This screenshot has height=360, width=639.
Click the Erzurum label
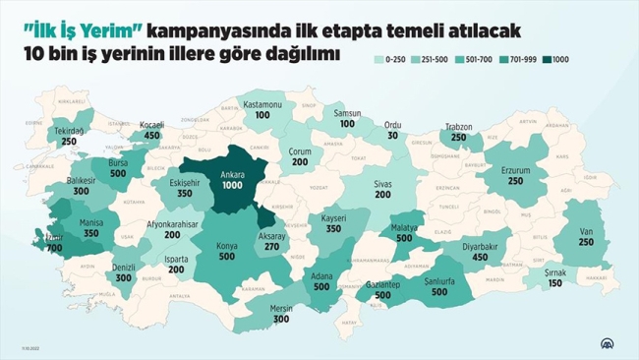coord(516,169)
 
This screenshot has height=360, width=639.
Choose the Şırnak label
coord(556,271)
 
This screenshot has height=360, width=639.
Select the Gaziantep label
coord(382,283)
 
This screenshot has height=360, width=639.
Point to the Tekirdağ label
coord(69,130)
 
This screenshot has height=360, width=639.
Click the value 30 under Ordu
coord(393,136)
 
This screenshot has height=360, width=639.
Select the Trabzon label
coord(458,128)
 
